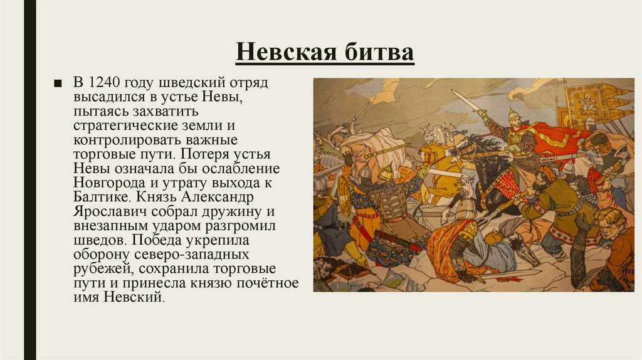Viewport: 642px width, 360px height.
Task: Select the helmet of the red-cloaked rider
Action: [x=514, y=116]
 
